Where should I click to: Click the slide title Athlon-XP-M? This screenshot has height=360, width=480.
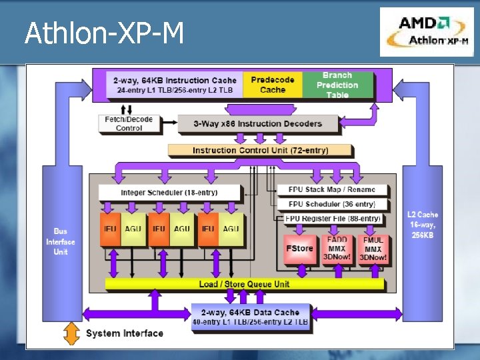(x=104, y=33)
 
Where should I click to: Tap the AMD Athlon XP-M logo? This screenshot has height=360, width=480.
(x=427, y=32)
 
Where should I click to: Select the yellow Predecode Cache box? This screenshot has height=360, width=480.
(x=272, y=85)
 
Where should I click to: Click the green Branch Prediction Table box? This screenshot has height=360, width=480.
(x=337, y=85)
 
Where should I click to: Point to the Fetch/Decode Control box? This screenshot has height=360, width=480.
(x=129, y=123)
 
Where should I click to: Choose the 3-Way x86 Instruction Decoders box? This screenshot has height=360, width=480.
(x=257, y=123)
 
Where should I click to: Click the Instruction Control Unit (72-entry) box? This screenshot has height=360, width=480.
(x=260, y=150)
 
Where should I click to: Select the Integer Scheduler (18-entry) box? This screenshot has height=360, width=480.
(x=169, y=193)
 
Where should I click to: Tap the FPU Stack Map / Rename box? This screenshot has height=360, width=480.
(x=331, y=189)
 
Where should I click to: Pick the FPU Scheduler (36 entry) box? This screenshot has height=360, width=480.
(x=331, y=204)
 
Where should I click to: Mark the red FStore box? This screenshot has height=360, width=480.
(x=299, y=248)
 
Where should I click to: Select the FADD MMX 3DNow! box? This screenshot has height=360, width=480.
(x=337, y=248)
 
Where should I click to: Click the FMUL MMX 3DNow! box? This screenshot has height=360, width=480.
(x=373, y=248)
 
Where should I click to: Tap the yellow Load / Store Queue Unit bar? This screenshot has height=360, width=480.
(x=245, y=284)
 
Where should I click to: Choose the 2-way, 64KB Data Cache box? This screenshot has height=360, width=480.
(x=251, y=317)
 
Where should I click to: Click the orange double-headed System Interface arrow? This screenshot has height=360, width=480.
(x=70, y=333)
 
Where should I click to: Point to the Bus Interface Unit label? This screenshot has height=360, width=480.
(x=60, y=241)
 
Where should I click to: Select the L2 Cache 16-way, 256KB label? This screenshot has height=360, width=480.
(x=423, y=225)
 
